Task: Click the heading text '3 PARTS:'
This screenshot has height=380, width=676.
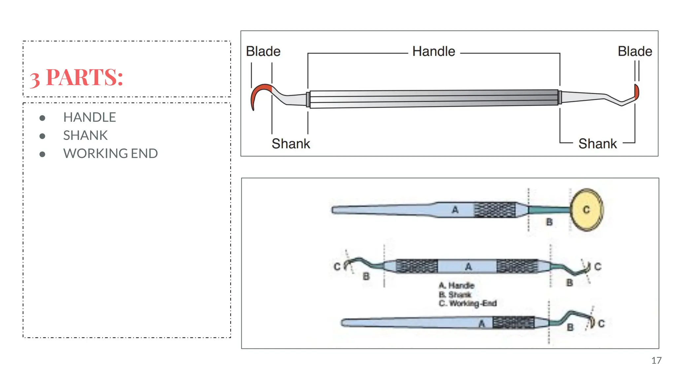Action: [77, 78]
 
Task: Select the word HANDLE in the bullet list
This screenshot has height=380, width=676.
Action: [89, 117]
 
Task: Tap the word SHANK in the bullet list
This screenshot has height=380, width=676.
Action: [85, 136]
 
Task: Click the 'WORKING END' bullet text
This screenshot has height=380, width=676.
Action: [110, 154]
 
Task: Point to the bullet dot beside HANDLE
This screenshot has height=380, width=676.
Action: [42, 118]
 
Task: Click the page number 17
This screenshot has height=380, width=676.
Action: [656, 361]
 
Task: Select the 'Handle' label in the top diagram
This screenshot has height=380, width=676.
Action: [434, 52]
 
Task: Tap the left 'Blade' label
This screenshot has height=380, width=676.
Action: [263, 51]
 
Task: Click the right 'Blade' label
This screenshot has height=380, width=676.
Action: [635, 51]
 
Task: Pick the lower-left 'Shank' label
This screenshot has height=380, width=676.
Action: [291, 144]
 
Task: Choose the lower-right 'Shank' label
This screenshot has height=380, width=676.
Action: [597, 144]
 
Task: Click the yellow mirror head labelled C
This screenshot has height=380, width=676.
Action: [587, 210]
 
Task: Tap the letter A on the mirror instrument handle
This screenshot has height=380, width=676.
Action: [455, 210]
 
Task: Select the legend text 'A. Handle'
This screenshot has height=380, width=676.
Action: [456, 286]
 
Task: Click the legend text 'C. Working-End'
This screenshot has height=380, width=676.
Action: [468, 303]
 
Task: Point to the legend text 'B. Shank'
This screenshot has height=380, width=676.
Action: [455, 295]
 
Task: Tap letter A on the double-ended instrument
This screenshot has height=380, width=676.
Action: [468, 267]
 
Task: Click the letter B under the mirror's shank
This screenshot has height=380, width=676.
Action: [549, 222]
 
